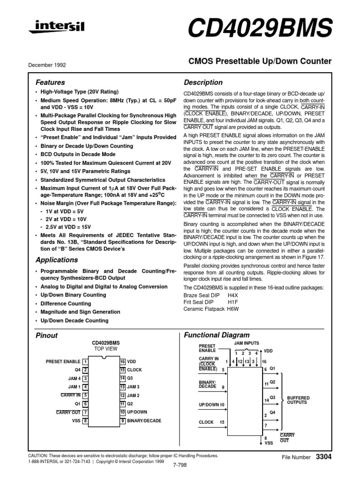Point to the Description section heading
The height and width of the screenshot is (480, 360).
tap(203, 82)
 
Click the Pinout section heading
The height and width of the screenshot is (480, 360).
tap(47, 336)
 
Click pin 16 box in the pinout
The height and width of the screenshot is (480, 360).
tap(122, 361)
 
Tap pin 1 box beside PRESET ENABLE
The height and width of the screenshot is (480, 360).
tap(85, 361)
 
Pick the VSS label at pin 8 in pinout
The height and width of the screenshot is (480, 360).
tap(76, 421)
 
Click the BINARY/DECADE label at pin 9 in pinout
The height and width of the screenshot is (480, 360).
tap(144, 421)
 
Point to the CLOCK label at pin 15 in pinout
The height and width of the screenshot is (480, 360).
tap(135, 370)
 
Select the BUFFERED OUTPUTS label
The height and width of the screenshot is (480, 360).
tap(298, 400)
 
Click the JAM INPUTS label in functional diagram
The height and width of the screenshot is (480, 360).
tap(246, 344)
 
